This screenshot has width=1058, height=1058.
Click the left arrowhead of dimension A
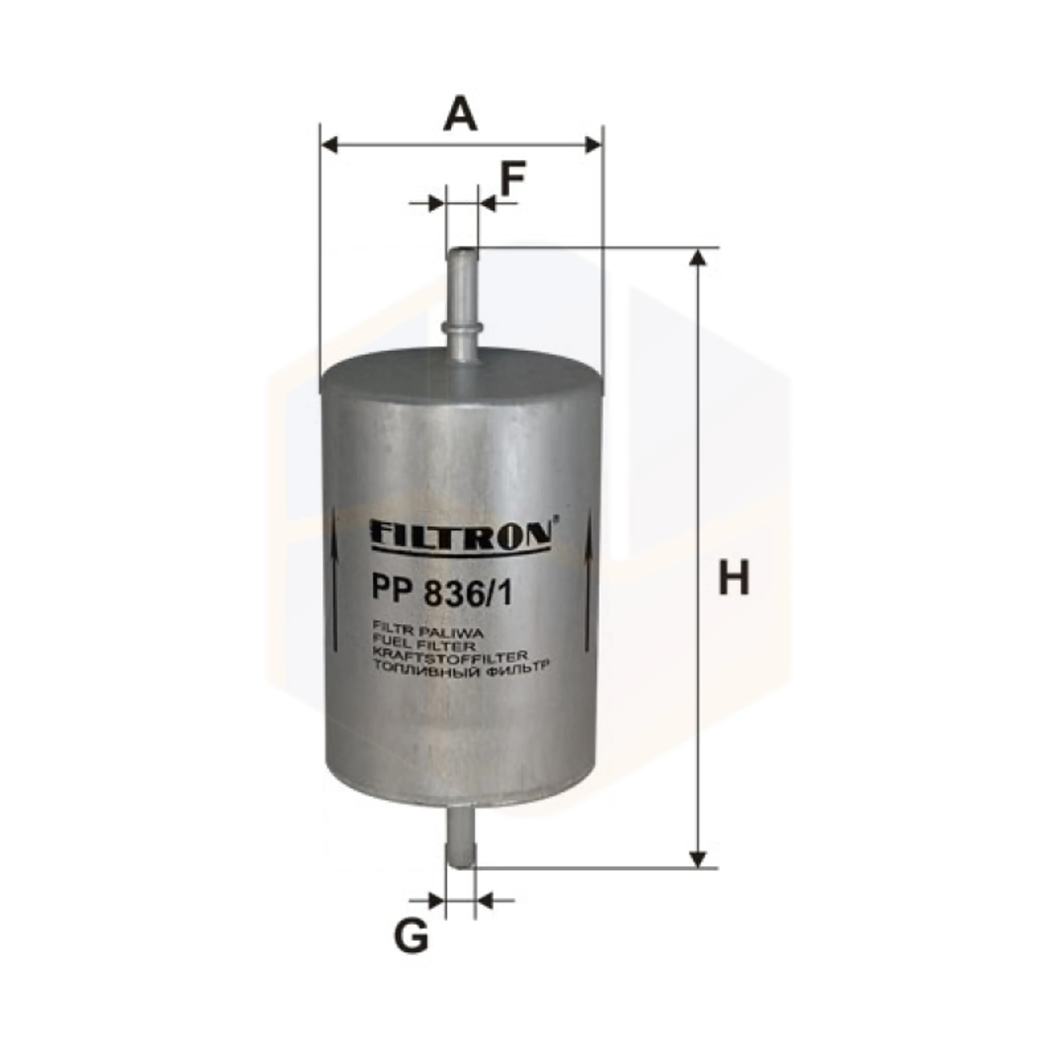click(329, 146)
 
